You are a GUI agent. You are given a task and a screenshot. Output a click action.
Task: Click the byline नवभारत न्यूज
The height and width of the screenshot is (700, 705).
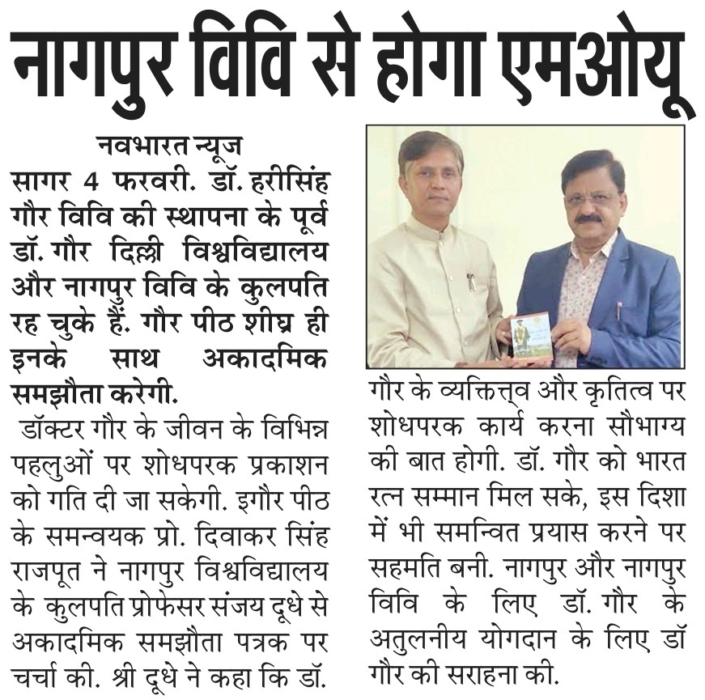point(171,147)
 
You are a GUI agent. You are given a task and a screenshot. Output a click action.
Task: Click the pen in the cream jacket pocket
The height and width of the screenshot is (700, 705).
point(472,281)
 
